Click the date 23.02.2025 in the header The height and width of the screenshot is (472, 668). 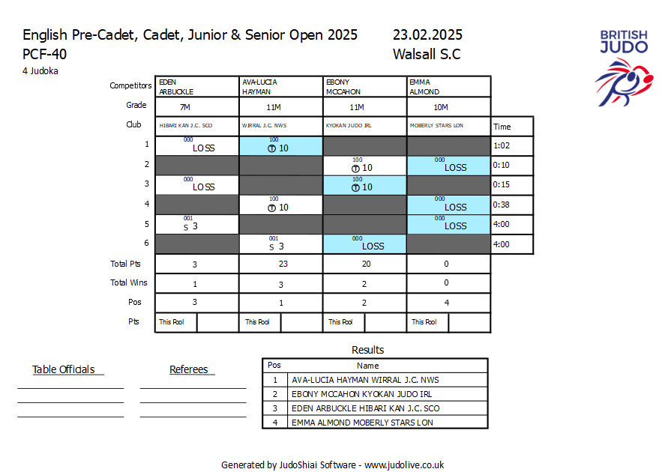[x=427, y=35]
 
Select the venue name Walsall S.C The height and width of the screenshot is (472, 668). [x=426, y=54]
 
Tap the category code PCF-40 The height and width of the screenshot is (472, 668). [x=43, y=54]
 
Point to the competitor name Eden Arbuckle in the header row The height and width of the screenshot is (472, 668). [x=176, y=86]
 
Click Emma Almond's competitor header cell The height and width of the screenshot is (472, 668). [x=448, y=86]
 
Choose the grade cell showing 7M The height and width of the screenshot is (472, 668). [x=185, y=107]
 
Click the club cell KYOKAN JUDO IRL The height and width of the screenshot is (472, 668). [x=349, y=126]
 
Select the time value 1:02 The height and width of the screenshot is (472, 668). [x=502, y=146]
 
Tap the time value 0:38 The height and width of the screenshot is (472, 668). [x=502, y=205]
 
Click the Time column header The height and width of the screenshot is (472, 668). [x=502, y=127]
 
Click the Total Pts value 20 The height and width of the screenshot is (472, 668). [x=364, y=264]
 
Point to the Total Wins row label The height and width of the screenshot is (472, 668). [x=129, y=283]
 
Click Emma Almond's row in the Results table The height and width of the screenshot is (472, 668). [x=363, y=423]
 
